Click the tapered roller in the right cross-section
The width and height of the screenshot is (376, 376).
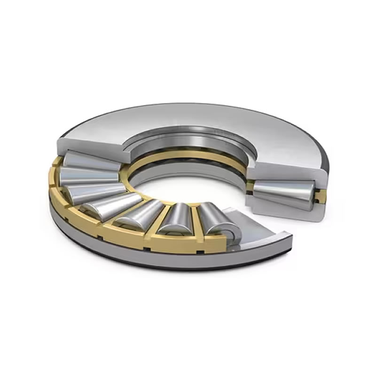point(282,193)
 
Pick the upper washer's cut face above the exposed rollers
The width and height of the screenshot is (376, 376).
point(89,143)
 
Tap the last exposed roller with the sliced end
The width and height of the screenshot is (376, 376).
point(217,221)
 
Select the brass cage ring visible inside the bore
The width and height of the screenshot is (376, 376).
point(188,157)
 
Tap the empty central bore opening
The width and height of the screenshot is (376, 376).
point(188,183)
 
